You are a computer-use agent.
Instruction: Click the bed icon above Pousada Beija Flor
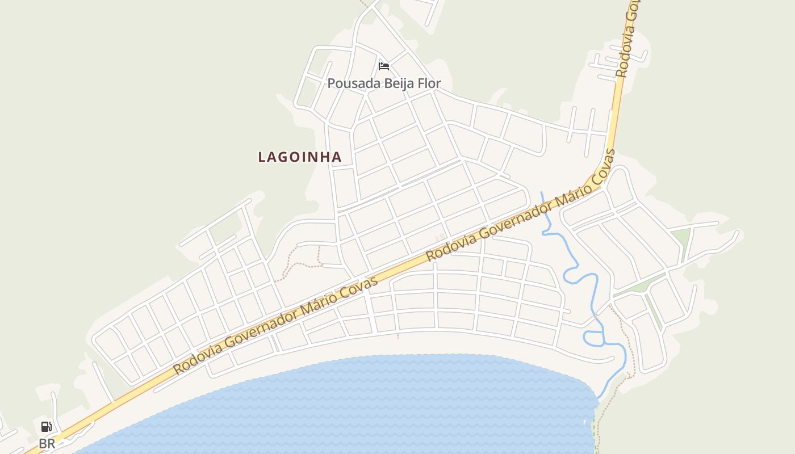click(x=384, y=66)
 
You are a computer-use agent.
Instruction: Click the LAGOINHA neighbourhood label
click(x=300, y=157)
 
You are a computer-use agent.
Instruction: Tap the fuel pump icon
click(x=47, y=427)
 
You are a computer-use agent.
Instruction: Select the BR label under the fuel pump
click(x=47, y=444)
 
